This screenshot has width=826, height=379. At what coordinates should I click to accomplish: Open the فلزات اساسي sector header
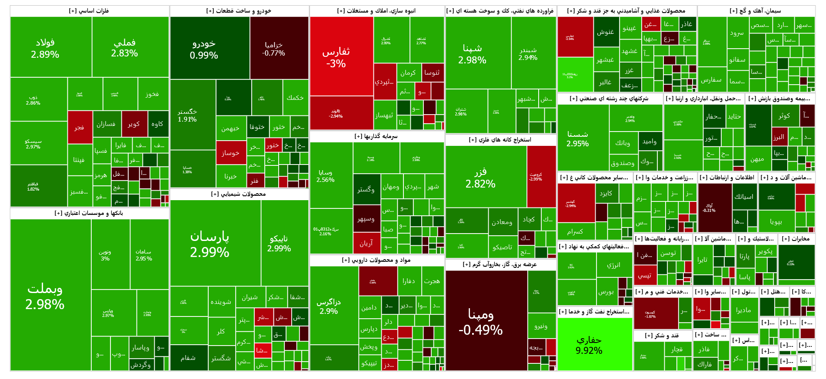coord(89,11)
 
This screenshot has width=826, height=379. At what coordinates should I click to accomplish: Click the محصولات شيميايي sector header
coord(239,194)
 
